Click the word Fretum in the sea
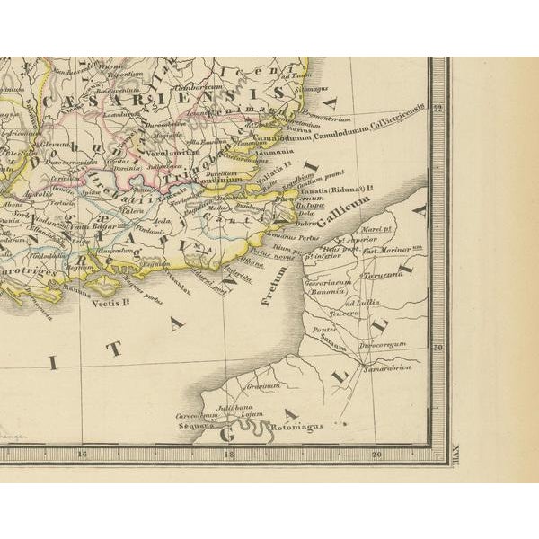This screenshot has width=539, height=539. [275, 285]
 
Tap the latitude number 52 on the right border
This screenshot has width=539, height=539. [438, 109]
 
